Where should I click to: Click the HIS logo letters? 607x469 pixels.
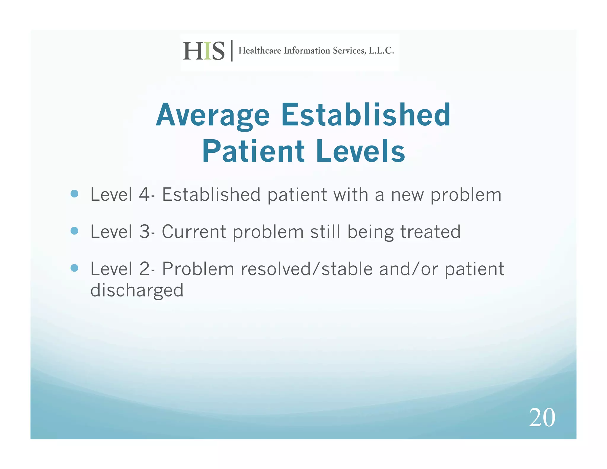pyautogui.click(x=204, y=51)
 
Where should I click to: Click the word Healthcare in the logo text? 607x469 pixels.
pyautogui.click(x=260, y=51)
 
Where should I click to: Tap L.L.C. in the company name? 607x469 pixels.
pyautogui.click(x=381, y=51)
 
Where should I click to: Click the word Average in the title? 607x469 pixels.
pyautogui.click(x=213, y=116)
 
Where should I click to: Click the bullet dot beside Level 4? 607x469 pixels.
pyautogui.click(x=74, y=194)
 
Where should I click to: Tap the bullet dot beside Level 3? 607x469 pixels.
pyautogui.click(x=74, y=231)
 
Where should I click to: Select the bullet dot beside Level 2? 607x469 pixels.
pyautogui.click(x=74, y=268)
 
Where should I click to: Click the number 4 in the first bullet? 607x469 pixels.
pyautogui.click(x=144, y=195)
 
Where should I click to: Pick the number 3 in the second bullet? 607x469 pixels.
pyautogui.click(x=144, y=232)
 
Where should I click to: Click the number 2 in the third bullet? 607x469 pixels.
pyautogui.click(x=144, y=269)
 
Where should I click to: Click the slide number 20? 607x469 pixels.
pyautogui.click(x=542, y=417)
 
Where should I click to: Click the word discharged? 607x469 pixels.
pyautogui.click(x=137, y=291)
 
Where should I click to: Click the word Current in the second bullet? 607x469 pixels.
pyautogui.click(x=194, y=232)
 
